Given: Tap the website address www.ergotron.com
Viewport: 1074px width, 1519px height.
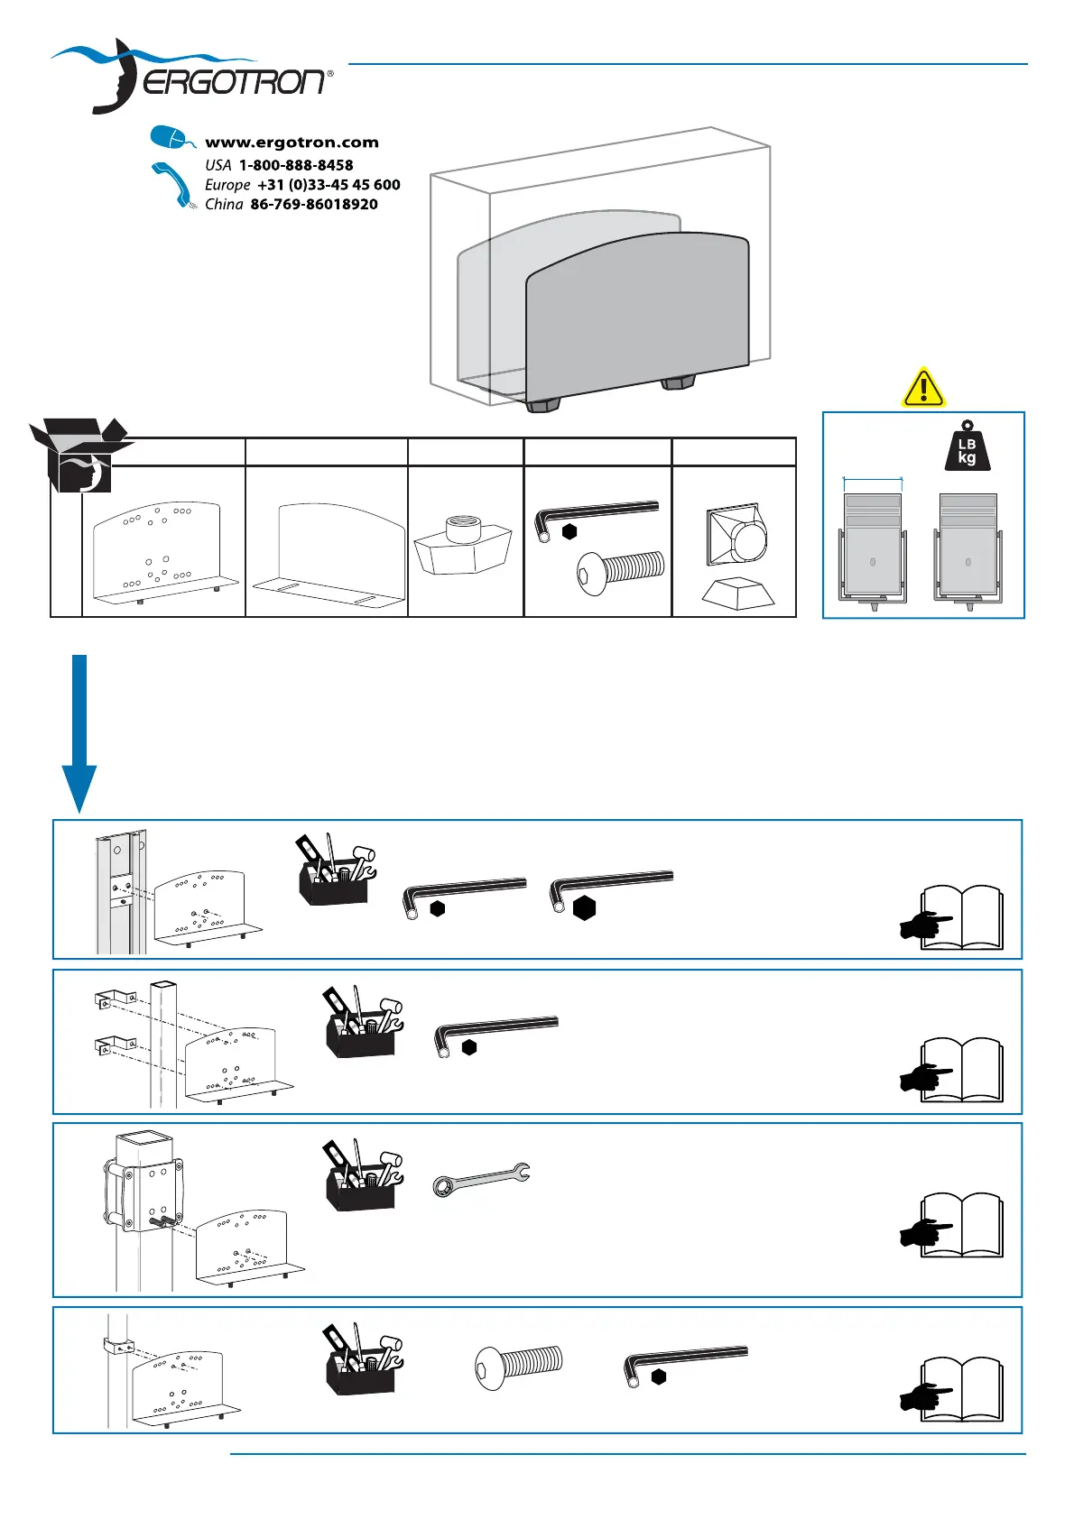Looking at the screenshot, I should click(x=292, y=143).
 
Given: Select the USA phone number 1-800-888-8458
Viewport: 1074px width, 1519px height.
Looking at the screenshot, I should click(x=296, y=165).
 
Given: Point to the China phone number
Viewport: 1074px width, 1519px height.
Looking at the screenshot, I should click(x=313, y=204).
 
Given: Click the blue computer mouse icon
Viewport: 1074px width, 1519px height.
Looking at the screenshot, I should click(x=171, y=138).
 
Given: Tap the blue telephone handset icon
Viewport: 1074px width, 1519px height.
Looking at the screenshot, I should click(x=172, y=184).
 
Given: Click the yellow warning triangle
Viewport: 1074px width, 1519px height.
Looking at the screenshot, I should click(x=922, y=389).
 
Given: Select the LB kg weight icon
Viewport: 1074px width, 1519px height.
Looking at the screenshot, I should click(x=967, y=446).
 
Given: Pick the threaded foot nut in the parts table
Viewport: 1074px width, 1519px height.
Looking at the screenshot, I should click(x=463, y=544).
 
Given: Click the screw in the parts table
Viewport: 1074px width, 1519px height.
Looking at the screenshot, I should click(x=620, y=571).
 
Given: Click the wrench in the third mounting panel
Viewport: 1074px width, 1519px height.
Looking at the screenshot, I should click(x=481, y=1178).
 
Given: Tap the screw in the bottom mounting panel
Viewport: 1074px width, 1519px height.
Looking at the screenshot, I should click(x=518, y=1366).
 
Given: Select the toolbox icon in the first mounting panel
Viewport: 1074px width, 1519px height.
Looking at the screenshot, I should click(x=335, y=870).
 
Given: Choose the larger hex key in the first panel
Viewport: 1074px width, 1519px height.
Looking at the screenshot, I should click(x=610, y=888).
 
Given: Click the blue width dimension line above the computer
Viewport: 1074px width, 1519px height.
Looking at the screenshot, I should click(x=873, y=480).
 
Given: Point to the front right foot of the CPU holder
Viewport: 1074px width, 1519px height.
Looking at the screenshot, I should click(x=678, y=383).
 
